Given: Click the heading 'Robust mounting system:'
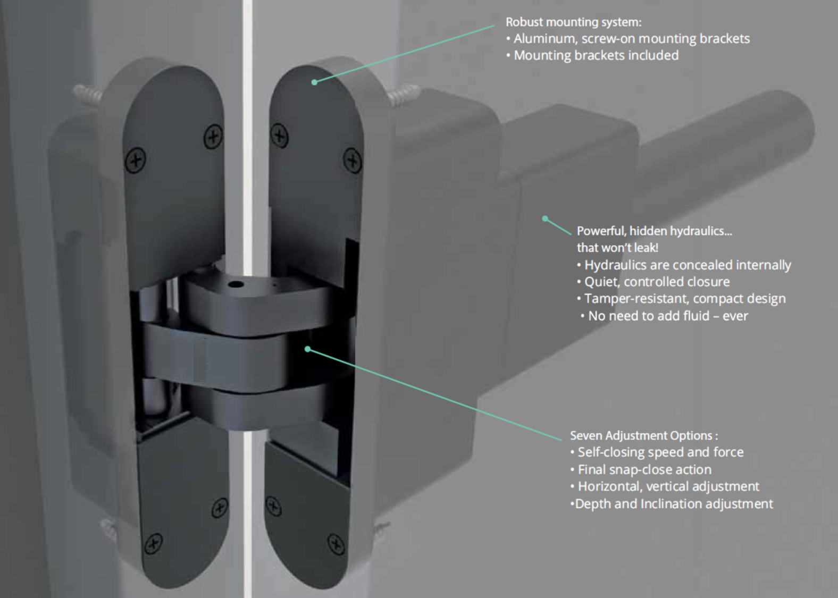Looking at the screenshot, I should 573,22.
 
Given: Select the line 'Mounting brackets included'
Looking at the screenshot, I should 596,55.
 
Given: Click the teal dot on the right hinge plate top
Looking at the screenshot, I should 314,82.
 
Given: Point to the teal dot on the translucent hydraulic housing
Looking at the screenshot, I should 545,218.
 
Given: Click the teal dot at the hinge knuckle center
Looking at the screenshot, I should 307,349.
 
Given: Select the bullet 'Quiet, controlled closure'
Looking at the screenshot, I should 657,282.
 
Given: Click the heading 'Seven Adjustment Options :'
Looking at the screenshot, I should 643,435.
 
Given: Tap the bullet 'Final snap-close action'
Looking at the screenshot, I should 644,469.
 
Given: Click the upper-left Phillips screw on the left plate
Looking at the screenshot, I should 136,160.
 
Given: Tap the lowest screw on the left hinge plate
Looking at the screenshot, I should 153,543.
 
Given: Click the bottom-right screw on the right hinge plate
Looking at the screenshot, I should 336,543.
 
